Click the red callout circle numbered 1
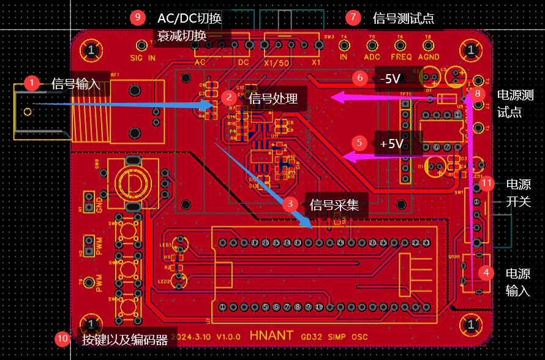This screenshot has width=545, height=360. point(31,83)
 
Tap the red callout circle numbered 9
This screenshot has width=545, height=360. point(138,18)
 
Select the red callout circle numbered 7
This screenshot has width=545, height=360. point(353,18)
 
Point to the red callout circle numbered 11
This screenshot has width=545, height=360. point(487,183)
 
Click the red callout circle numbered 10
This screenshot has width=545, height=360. point(63,339)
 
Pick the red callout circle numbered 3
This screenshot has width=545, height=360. point(291,204)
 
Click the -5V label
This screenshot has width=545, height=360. point(389,78)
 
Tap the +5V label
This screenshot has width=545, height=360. point(392,144)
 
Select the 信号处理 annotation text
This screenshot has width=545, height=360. point(272,98)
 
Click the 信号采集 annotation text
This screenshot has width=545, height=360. point(334,204)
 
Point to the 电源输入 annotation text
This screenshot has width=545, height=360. point(517,282)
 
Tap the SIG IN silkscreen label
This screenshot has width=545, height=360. point(143,58)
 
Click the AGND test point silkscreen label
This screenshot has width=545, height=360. point(429,57)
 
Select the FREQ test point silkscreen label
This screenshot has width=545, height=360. point(401,57)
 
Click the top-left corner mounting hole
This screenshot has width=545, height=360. point(91,50)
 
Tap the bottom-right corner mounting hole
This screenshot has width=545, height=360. point(470,323)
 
